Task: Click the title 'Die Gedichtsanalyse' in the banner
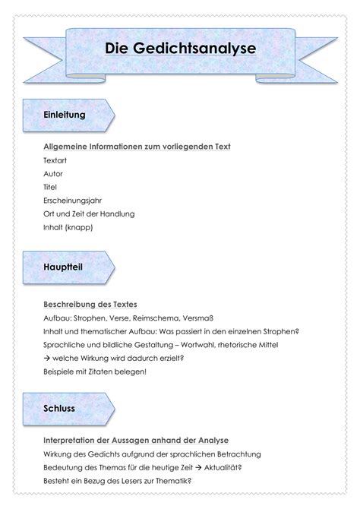[180, 49]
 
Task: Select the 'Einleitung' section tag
[64, 115]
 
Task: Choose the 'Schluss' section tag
[59, 408]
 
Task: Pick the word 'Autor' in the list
[54, 174]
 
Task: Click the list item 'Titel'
[51, 187]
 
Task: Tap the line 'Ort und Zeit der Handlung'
[89, 213]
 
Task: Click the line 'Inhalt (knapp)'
[68, 227]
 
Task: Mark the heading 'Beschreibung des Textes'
[90, 304]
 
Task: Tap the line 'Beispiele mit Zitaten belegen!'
[95, 371]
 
